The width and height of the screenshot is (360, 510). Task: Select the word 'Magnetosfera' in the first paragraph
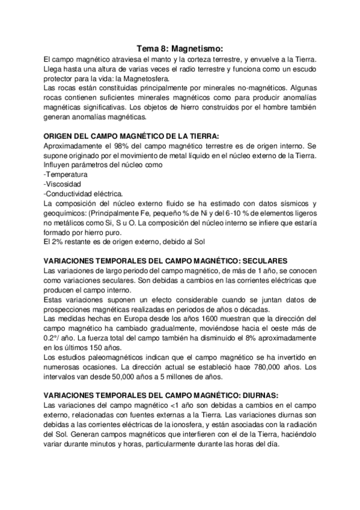(x=147, y=78)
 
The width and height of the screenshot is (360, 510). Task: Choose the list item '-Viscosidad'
(x=63, y=184)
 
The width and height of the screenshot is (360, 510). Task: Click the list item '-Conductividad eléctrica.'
(x=84, y=194)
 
